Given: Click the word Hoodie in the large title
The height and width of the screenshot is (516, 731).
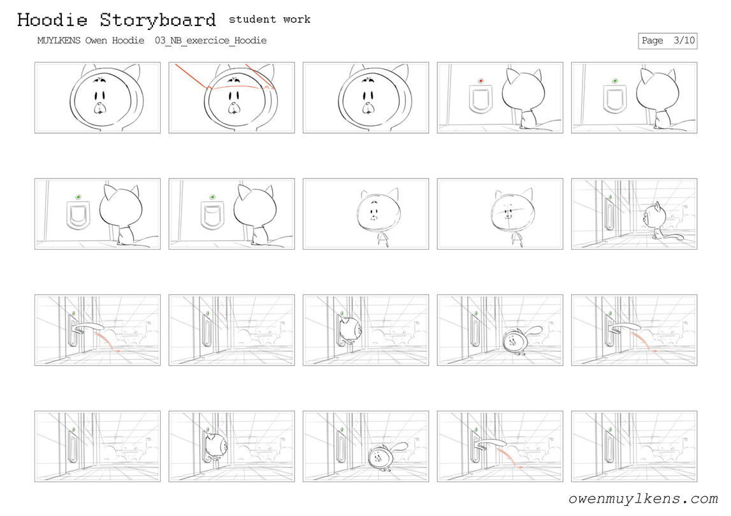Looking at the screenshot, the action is [52, 20].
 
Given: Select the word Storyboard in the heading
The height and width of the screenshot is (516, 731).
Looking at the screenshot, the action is [157, 20].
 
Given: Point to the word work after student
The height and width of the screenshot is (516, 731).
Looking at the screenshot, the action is [296, 19].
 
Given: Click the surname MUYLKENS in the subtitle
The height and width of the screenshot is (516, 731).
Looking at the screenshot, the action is [59, 41].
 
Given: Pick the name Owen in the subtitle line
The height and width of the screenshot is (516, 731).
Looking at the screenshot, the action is [96, 41].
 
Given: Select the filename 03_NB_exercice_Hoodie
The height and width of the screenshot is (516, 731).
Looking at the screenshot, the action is [211, 41].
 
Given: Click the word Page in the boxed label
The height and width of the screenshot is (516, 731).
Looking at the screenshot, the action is [652, 41].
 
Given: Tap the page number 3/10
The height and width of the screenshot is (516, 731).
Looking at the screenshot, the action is [684, 41].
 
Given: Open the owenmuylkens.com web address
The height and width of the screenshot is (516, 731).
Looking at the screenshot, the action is [643, 499].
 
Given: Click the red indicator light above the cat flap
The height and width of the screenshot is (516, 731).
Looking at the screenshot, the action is [481, 81].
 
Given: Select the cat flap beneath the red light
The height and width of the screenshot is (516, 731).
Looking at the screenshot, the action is [481, 100].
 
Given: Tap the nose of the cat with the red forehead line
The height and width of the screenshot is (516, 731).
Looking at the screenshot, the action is [234, 109].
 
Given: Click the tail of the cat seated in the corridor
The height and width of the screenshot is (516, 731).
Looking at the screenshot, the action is [674, 237].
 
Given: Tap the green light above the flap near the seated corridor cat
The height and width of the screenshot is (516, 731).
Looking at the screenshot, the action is [610, 197].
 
